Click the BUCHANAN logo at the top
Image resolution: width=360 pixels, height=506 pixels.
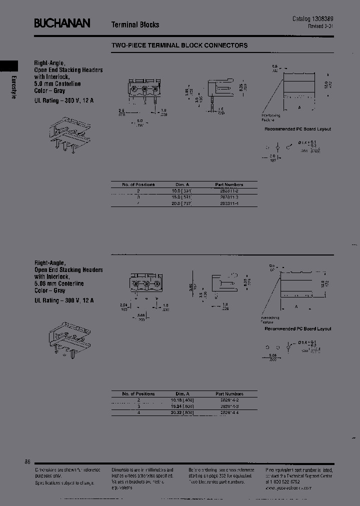point(62,23)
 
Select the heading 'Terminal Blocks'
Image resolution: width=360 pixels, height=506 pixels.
point(135,24)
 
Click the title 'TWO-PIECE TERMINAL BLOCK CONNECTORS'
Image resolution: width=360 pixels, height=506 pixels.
point(179,45)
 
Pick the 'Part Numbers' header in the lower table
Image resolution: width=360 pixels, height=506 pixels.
point(229,393)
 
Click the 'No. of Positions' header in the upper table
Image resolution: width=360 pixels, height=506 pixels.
point(138,184)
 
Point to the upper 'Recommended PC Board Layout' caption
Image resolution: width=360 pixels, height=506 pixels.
point(297,129)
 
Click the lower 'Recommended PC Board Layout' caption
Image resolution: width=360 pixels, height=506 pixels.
point(297,328)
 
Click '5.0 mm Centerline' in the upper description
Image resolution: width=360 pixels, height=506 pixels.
point(58,84)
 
